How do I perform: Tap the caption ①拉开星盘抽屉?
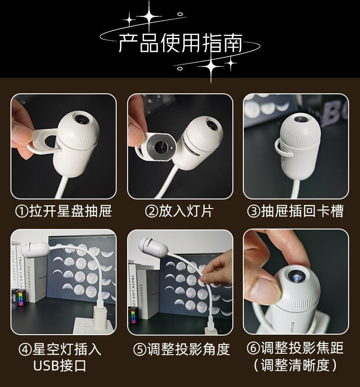click(x=63, y=211)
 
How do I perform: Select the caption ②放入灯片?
click(x=180, y=211)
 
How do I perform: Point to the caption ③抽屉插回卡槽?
click(x=295, y=211)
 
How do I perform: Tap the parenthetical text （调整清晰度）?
click(x=295, y=365)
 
